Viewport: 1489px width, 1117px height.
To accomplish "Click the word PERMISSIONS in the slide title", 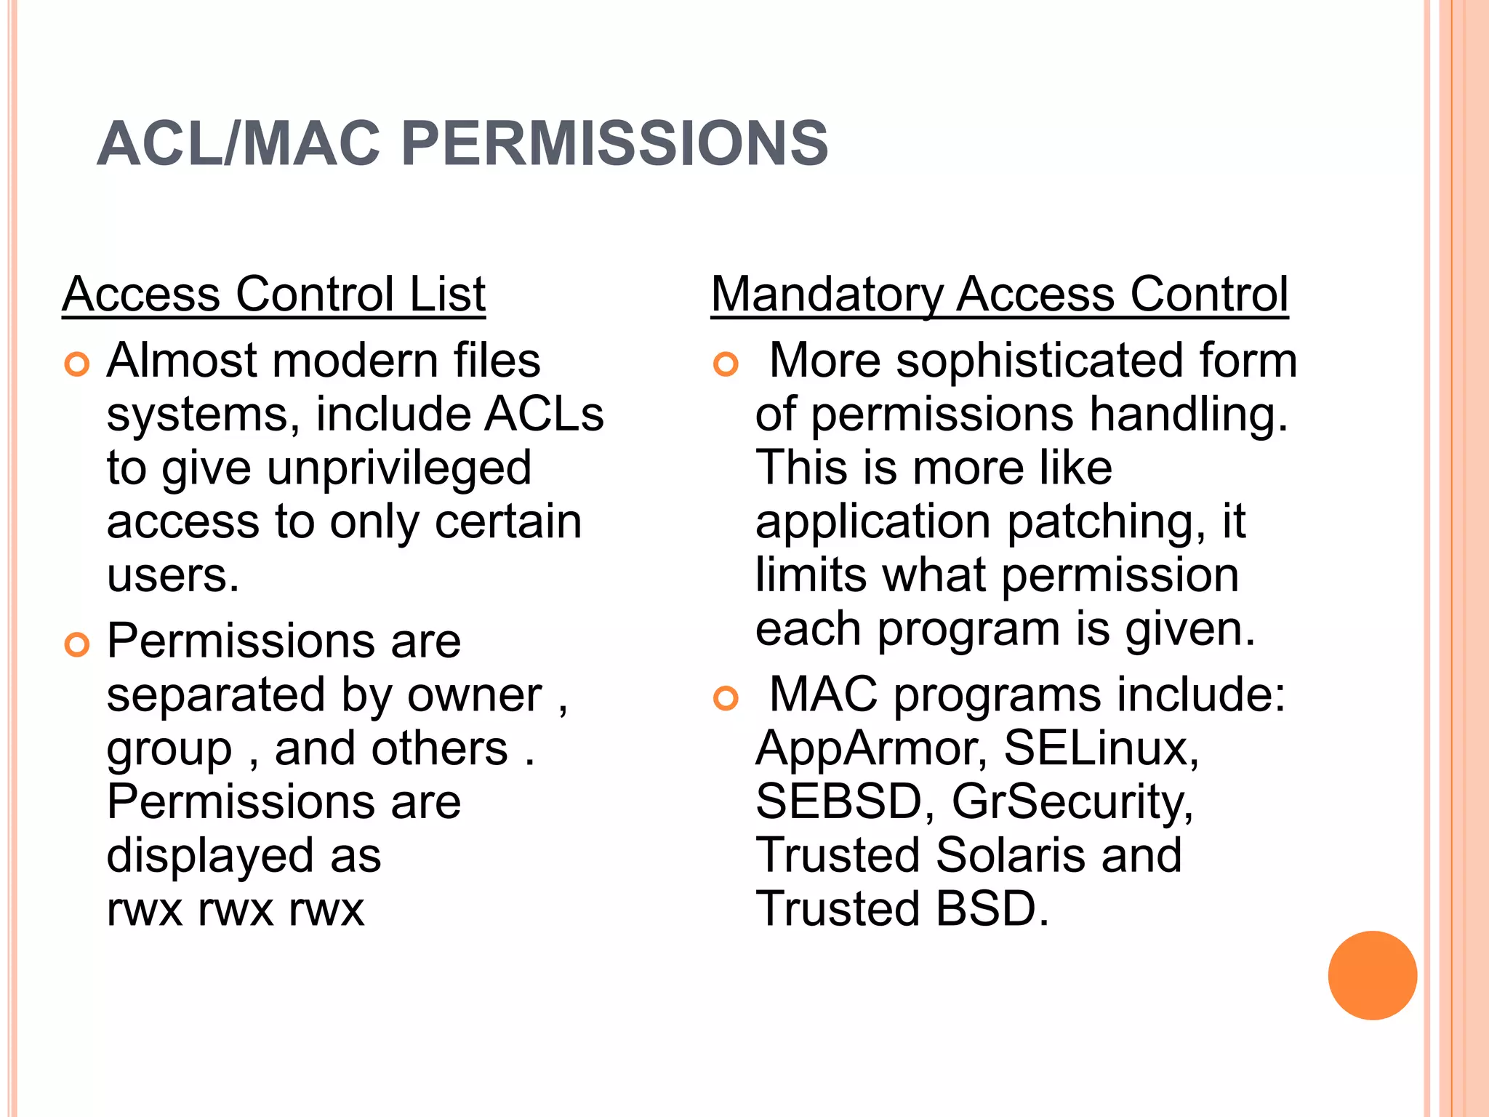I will pyautogui.click(x=614, y=143).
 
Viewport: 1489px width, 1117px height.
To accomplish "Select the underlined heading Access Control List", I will pyautogui.click(x=274, y=295).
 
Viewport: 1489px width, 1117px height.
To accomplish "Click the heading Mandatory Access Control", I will pyautogui.click(x=1000, y=295).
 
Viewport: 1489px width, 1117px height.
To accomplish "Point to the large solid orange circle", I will pyautogui.click(x=1372, y=975).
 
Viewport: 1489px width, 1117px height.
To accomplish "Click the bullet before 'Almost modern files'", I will pyautogui.click(x=76, y=364).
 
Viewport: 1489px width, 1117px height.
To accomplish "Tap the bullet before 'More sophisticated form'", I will pyautogui.click(x=726, y=364).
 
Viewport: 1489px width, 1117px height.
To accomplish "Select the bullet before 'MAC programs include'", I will pyautogui.click(x=726, y=699).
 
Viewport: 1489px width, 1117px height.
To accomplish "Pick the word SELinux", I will pyautogui.click(x=1101, y=748).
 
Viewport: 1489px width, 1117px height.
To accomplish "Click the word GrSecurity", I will pyautogui.click(x=1072, y=802).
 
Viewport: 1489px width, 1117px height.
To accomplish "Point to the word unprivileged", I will pyautogui.click(x=399, y=469).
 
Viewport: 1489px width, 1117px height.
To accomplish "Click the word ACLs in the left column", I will pyautogui.click(x=544, y=415).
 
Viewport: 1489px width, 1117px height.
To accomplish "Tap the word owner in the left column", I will pyautogui.click(x=474, y=696).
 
